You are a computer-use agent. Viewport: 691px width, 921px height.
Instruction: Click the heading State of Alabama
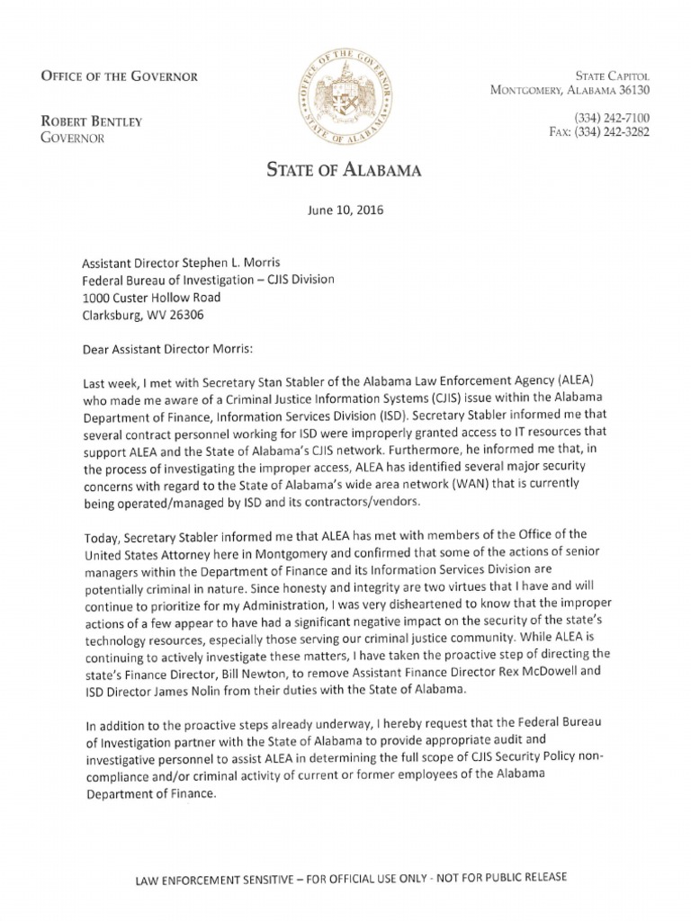pyautogui.click(x=345, y=169)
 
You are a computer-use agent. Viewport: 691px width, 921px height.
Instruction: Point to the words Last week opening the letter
pyautogui.click(x=107, y=382)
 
